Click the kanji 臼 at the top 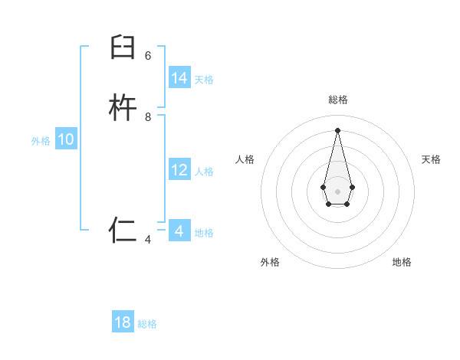[x=123, y=47]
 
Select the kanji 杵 [x=123, y=109]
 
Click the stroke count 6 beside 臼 [x=148, y=55]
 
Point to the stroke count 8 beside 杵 [x=148, y=117]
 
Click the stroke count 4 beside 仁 [x=148, y=240]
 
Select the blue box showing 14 [x=179, y=78]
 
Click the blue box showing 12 [x=179, y=170]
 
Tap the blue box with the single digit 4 [x=179, y=231]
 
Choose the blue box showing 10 [x=66, y=139]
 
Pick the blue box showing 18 [x=123, y=322]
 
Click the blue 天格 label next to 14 [x=204, y=80]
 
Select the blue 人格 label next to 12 [x=204, y=172]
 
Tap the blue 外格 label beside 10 [x=41, y=141]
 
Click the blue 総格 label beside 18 [x=147, y=324]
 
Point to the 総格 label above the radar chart [x=337, y=100]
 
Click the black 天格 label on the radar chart [x=431, y=159]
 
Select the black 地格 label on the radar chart [x=402, y=262]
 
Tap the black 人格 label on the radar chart [x=245, y=159]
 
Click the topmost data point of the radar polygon [x=337, y=129]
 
